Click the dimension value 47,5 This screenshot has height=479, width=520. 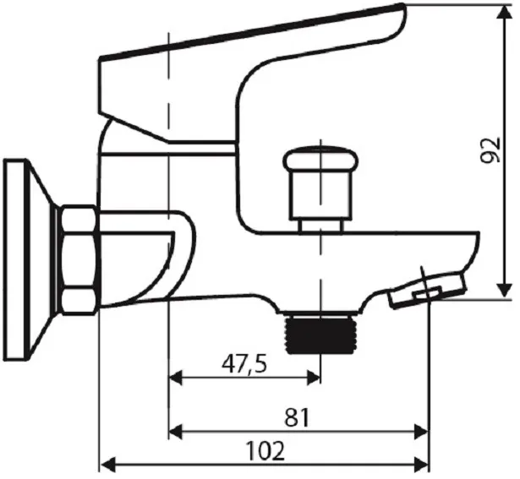244,363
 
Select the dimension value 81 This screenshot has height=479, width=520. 297,417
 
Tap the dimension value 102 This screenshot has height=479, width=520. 265,451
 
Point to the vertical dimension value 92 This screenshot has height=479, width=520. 490,150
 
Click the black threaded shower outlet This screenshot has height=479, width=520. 322,335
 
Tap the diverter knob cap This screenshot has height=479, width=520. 320,159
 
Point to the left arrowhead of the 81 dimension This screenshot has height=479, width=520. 176,432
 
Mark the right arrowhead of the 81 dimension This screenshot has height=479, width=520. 421,432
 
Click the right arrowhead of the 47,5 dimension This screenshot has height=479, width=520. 314,378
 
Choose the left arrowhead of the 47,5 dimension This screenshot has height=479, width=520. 176,378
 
